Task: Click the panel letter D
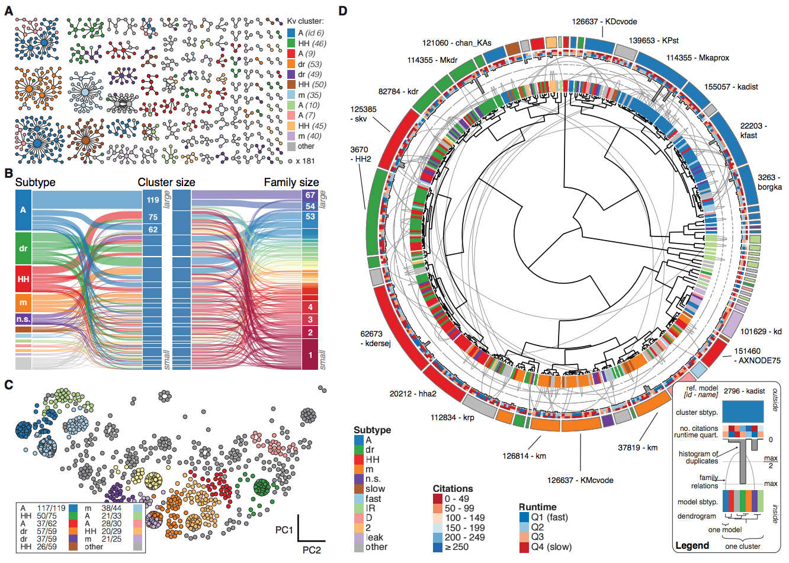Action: (343, 11)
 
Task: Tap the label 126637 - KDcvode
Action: (604, 21)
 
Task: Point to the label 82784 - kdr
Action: (398, 91)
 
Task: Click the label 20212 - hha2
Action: (413, 394)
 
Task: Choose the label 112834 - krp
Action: (452, 417)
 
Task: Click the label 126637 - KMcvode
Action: (580, 480)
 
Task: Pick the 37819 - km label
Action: (637, 447)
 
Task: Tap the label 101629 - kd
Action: (761, 331)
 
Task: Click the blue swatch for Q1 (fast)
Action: (524, 517)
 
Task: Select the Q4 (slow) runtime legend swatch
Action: (524, 547)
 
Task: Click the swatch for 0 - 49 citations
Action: (438, 499)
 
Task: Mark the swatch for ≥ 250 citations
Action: (438, 547)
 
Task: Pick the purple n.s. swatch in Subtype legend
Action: (358, 479)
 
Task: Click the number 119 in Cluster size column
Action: (153, 200)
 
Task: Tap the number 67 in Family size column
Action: (310, 195)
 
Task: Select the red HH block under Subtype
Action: (23, 279)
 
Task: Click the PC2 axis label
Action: (312, 550)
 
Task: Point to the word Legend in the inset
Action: (692, 545)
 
